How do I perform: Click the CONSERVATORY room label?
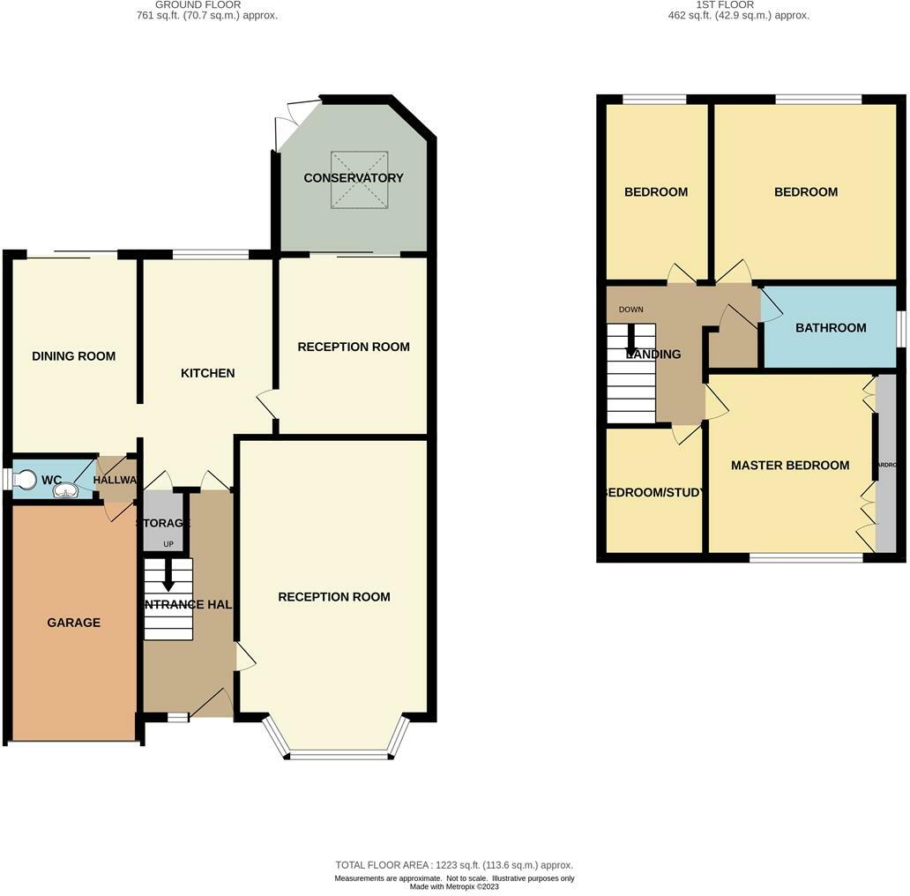click(x=354, y=178)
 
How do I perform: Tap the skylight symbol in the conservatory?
click(x=359, y=180)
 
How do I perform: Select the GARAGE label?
click(x=73, y=623)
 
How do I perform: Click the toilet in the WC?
click(x=25, y=479)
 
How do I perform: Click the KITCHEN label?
click(x=207, y=373)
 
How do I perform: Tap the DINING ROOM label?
click(x=73, y=356)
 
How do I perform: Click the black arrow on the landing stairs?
click(x=631, y=340)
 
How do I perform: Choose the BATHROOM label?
click(x=831, y=328)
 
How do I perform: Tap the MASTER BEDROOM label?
click(x=790, y=466)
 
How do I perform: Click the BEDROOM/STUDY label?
click(x=653, y=493)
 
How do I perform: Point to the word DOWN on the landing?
click(x=631, y=310)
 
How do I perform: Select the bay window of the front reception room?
click(x=340, y=754)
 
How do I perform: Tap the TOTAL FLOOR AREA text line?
click(x=454, y=865)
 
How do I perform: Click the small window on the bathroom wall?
click(x=902, y=328)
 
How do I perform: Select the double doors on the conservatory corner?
click(x=287, y=123)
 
